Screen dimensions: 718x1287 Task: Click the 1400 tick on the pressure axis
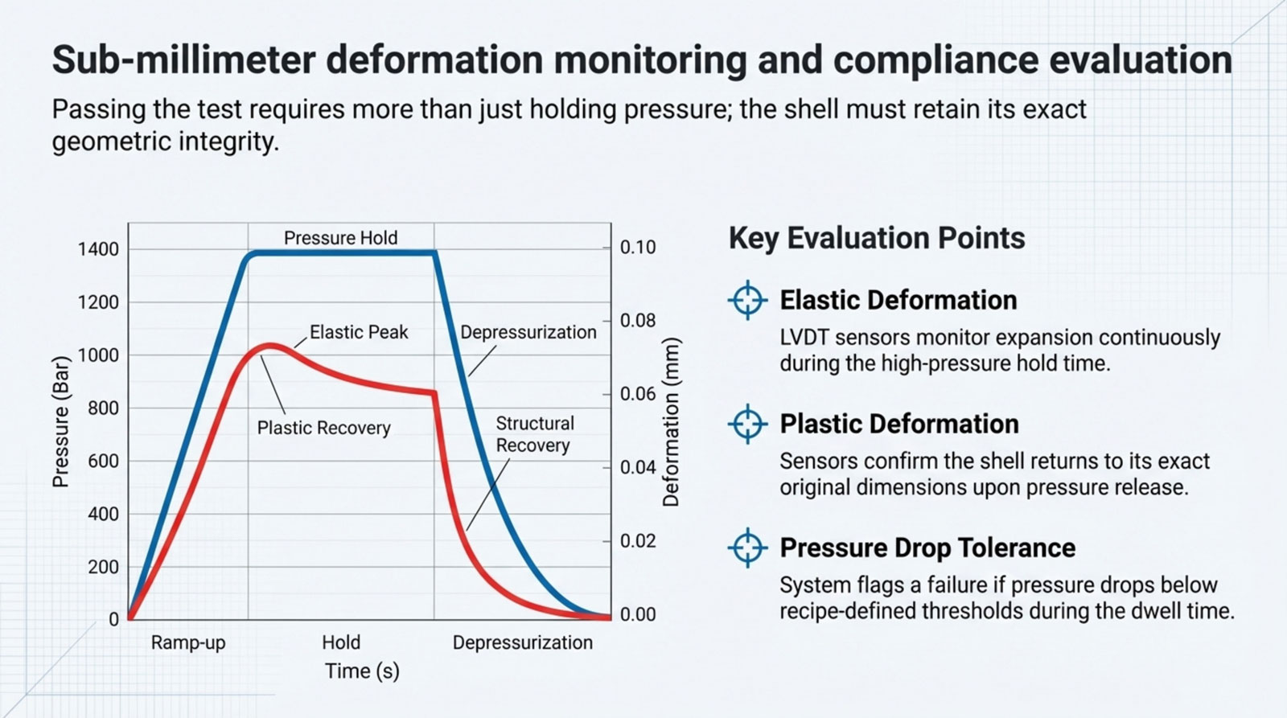(x=97, y=249)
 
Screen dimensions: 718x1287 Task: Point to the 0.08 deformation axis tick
(x=638, y=321)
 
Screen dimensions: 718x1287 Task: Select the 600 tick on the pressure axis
(x=102, y=462)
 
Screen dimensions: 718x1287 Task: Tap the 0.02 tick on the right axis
(x=638, y=541)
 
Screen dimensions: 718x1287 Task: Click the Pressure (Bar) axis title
(x=60, y=421)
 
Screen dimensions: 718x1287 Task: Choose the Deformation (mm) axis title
(x=671, y=421)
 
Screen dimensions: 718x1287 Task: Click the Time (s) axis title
(x=362, y=671)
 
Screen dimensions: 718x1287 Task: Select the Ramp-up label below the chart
(x=188, y=643)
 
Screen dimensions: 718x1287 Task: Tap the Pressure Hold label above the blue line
(x=340, y=238)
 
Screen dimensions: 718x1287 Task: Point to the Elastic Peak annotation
(x=359, y=332)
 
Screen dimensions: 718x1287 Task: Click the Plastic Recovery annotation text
(x=323, y=428)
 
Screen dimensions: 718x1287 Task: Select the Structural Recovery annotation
(x=534, y=434)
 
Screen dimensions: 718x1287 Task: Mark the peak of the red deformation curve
(x=272, y=346)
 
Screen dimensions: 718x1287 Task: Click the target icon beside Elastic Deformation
(x=747, y=300)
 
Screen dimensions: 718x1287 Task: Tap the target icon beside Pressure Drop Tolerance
(x=747, y=548)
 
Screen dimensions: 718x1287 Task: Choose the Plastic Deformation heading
(x=898, y=424)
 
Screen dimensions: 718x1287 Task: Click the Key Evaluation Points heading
(x=876, y=239)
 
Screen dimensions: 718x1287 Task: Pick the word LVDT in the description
(x=804, y=338)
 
